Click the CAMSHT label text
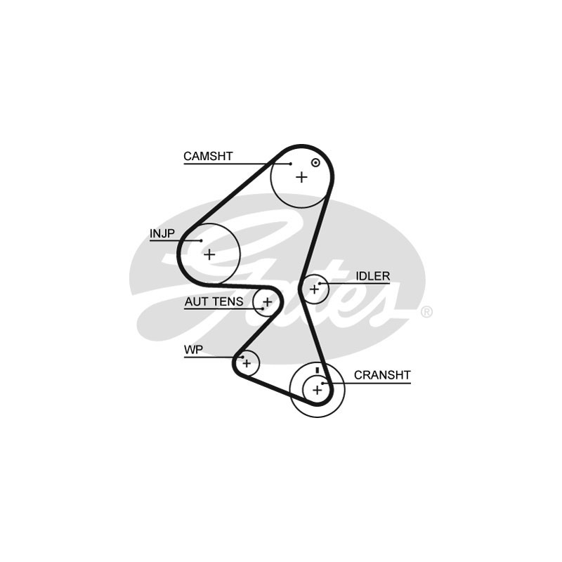[208, 156]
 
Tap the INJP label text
[162, 233]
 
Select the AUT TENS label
[214, 301]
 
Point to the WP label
[193, 349]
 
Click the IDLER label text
[372, 276]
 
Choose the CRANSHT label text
[382, 375]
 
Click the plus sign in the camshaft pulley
[301, 177]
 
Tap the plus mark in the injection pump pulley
[209, 254]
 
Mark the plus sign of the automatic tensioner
[267, 302]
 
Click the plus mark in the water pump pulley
[247, 362]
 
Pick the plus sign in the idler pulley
[314, 288]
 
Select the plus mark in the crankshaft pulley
[317, 388]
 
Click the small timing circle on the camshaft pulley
[315, 163]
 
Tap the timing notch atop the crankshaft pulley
[318, 370]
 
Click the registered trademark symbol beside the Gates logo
[426, 312]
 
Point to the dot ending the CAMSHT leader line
[290, 164]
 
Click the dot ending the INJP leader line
[201, 241]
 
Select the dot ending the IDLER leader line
[320, 284]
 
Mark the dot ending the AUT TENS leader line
[262, 308]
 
